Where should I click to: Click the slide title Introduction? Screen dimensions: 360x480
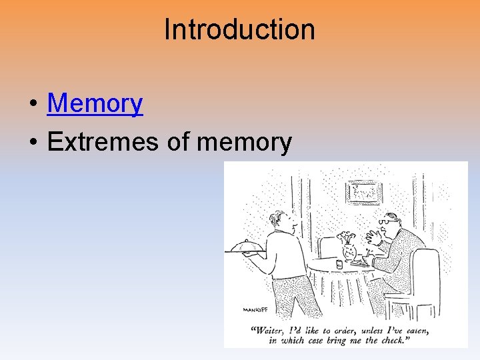(x=239, y=29)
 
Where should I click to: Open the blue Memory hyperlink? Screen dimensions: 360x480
(x=95, y=103)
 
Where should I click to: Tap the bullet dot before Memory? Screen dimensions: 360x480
(x=32, y=105)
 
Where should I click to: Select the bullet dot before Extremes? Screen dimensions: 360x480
(x=32, y=143)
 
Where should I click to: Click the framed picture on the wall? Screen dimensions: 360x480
(x=363, y=192)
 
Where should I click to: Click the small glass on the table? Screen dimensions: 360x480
(x=339, y=264)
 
